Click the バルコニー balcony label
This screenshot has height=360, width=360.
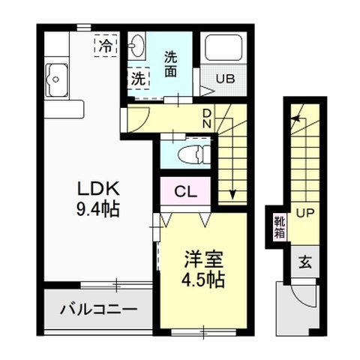(99, 307)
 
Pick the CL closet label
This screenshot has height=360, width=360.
(185, 192)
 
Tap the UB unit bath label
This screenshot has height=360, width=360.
(226, 78)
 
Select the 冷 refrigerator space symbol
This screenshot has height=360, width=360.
(106, 46)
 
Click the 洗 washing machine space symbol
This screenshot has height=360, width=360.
(139, 77)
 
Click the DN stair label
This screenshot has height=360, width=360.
(208, 118)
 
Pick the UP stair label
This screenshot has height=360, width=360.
(304, 213)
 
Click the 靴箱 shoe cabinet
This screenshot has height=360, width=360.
(279, 226)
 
